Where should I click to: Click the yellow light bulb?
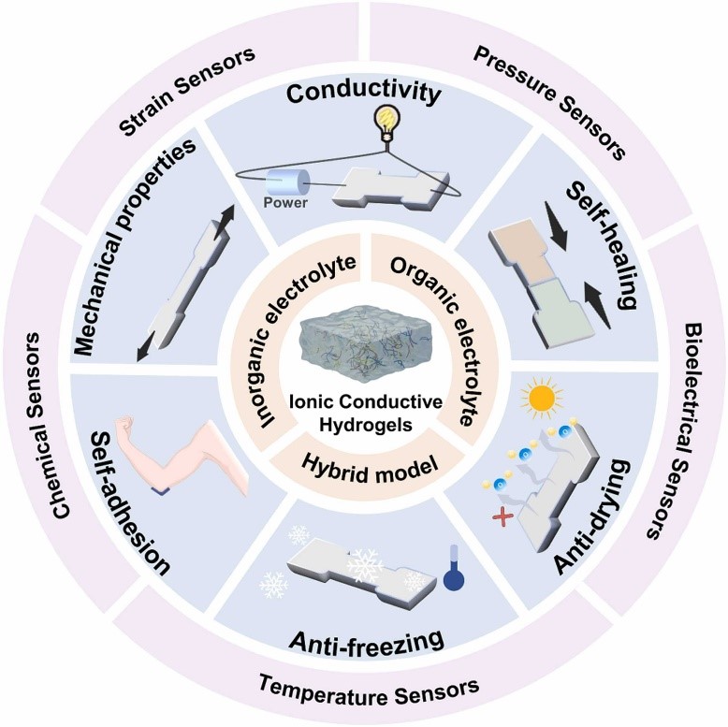pos(385,122)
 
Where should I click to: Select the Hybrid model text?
pos(364,460)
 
